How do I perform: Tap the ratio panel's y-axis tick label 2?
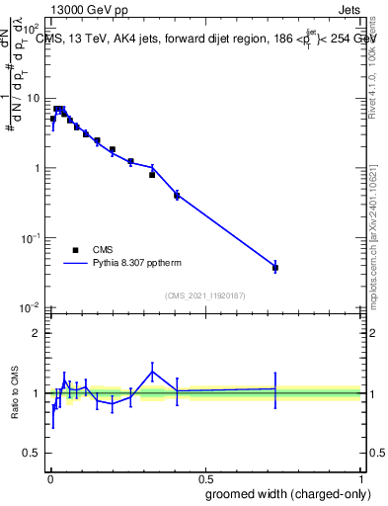36,333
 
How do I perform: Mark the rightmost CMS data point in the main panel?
275,268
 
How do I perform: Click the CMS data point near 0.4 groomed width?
177,196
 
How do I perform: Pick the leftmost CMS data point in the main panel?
53,119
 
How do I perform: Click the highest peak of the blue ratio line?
152,372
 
